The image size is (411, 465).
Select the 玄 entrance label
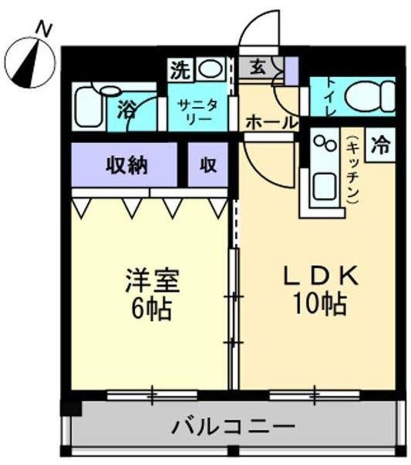click(257, 68)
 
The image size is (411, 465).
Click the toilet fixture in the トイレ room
click(367, 97)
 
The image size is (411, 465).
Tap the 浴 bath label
click(126, 110)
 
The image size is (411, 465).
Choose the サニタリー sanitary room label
click(200, 111)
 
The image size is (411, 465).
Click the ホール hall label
click(271, 122)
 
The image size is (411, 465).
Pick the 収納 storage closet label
click(126, 165)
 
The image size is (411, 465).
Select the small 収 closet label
click(208, 165)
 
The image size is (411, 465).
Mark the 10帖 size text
click(318, 305)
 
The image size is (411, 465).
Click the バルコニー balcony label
click(233, 425)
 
